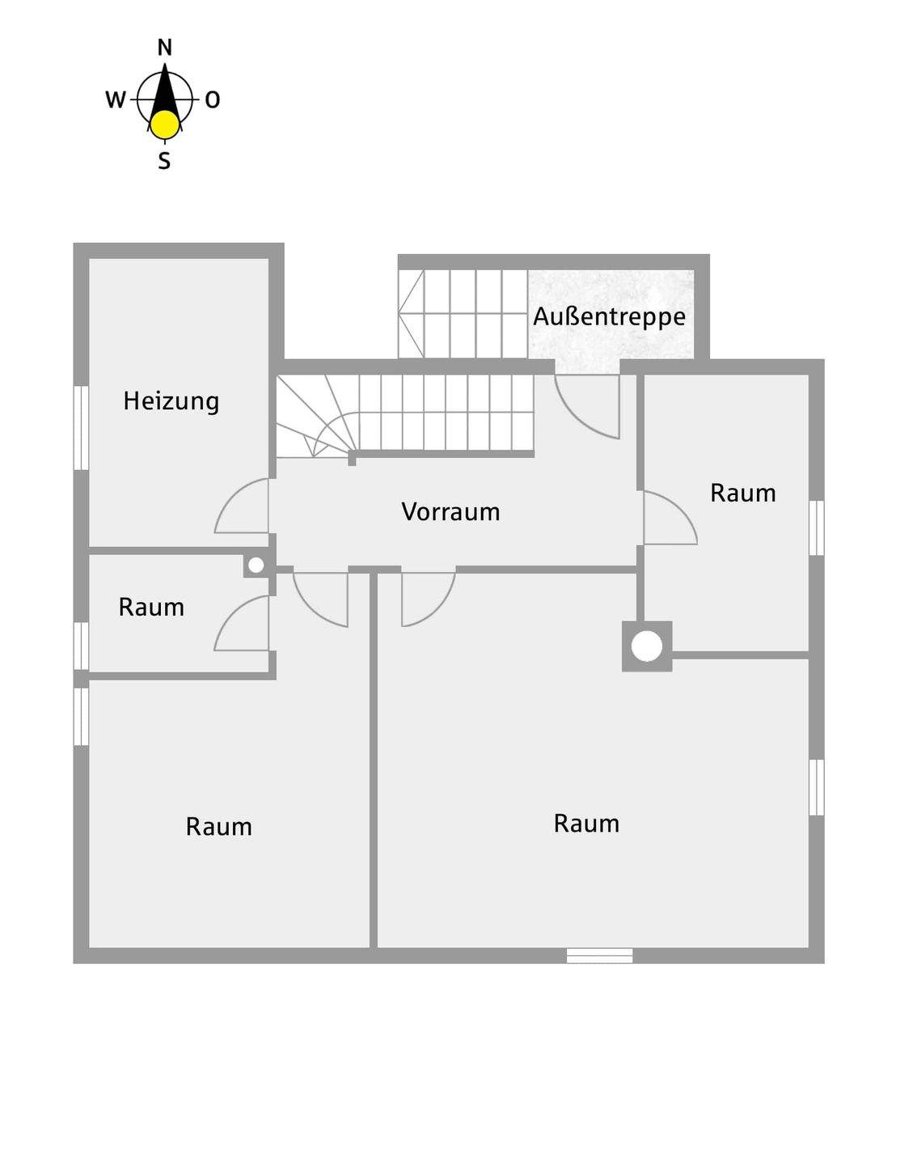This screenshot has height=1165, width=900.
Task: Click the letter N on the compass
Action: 165,48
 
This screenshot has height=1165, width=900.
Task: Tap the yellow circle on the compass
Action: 165,125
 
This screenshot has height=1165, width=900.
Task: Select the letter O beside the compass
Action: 212,100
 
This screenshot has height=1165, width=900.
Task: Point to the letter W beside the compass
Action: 116,100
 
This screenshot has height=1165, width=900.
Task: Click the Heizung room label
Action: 171,401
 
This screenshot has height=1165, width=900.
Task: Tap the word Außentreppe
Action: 609,316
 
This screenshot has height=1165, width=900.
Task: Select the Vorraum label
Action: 450,511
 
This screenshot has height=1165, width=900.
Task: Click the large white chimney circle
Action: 647,646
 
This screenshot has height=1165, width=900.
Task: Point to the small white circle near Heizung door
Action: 256,566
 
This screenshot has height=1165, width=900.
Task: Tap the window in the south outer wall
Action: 599,955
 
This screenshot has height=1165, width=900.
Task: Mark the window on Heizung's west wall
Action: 81,427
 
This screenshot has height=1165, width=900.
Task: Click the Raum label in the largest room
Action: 586,824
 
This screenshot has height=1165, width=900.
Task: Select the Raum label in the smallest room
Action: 151,607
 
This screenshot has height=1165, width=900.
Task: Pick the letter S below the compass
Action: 164,161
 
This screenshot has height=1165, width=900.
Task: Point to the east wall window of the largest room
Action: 817,786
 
